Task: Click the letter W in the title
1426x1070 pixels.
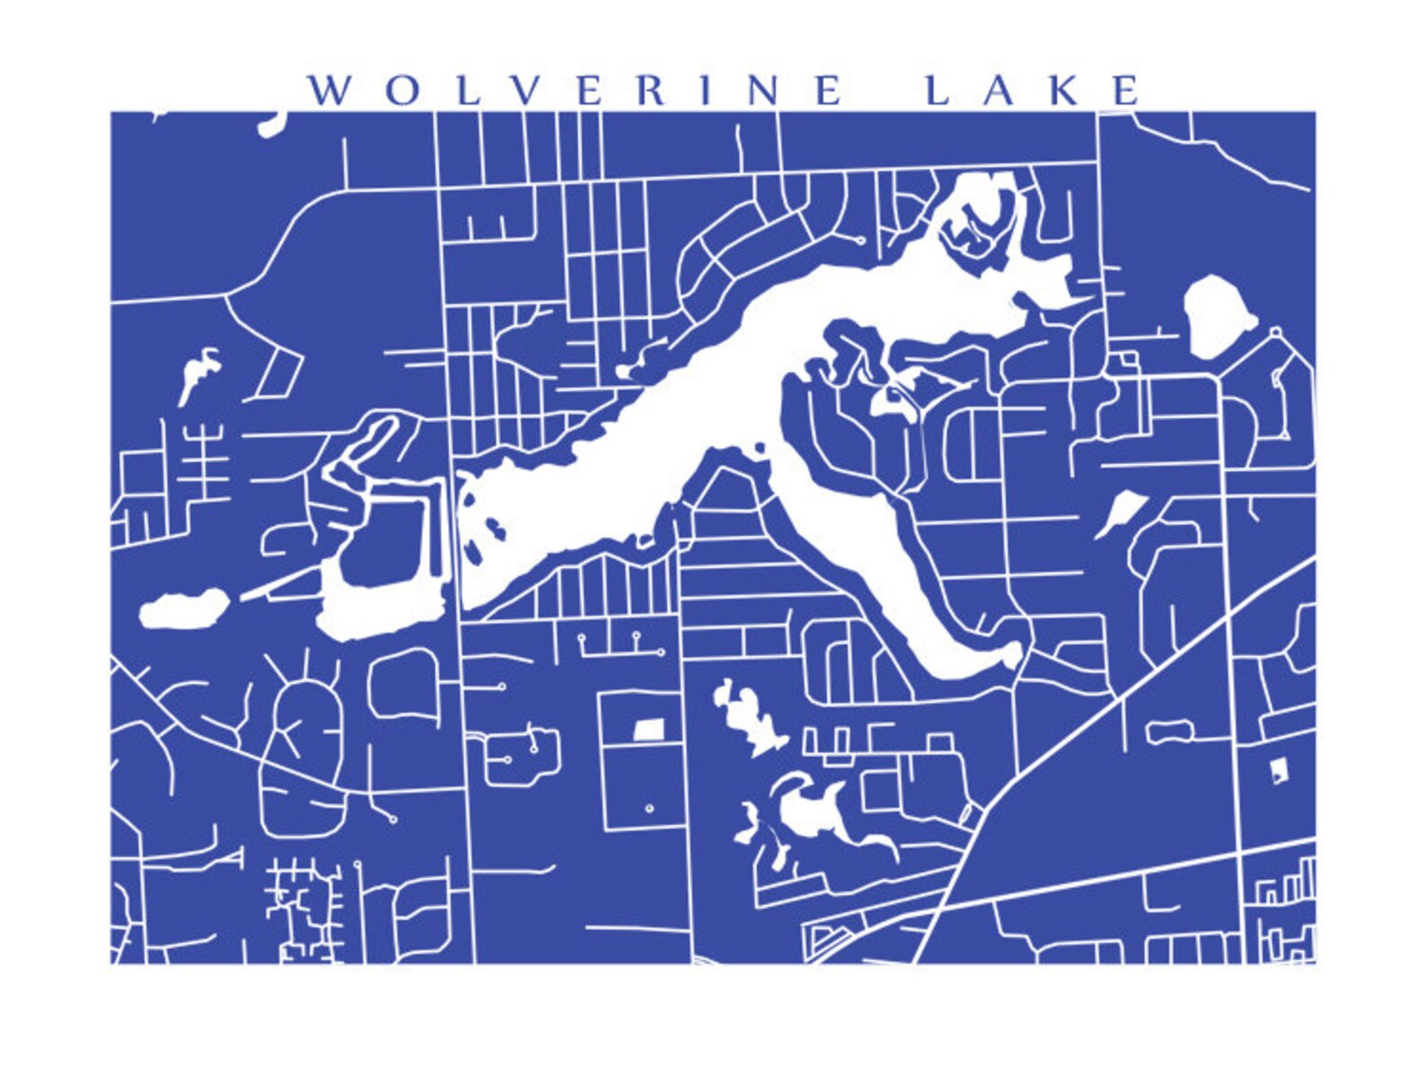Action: point(329,91)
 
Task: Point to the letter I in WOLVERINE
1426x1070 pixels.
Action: point(707,91)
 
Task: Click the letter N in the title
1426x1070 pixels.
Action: point(764,91)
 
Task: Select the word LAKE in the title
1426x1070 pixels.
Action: point(1033,91)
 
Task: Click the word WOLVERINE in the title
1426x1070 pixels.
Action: point(576,91)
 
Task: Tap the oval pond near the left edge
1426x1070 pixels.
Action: point(182,610)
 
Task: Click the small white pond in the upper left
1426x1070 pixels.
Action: point(198,371)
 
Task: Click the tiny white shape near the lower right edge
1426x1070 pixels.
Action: point(1279,769)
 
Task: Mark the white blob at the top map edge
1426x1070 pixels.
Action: point(273,124)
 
